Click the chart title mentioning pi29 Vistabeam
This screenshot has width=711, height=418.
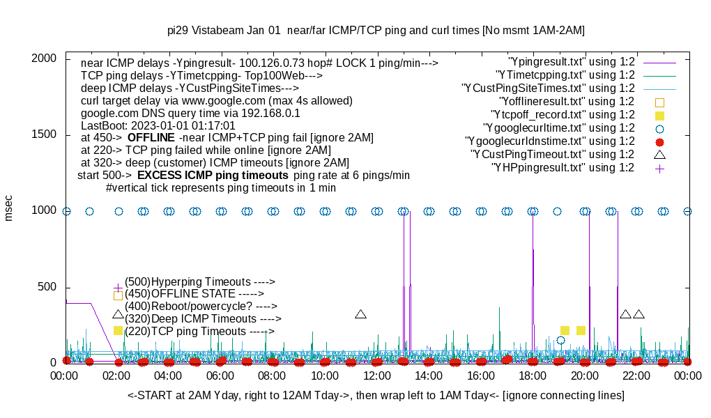click(376, 31)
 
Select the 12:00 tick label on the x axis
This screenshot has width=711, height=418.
click(376, 376)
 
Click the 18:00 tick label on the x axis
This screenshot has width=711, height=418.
click(533, 376)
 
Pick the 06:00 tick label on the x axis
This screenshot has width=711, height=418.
click(220, 376)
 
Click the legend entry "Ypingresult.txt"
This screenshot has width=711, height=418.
click(572, 62)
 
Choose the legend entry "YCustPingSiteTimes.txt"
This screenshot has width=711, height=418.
click(548, 88)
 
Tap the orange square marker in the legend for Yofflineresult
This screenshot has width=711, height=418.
click(659, 102)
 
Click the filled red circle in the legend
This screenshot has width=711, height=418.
click(659, 141)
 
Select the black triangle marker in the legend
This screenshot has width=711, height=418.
click(659, 155)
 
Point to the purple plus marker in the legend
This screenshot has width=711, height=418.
click(659, 168)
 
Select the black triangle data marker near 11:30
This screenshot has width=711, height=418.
click(360, 314)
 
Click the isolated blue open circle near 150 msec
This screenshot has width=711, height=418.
click(560, 341)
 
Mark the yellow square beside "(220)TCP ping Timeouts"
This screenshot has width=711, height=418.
click(118, 330)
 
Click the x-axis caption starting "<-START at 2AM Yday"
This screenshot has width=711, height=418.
click(376, 396)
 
